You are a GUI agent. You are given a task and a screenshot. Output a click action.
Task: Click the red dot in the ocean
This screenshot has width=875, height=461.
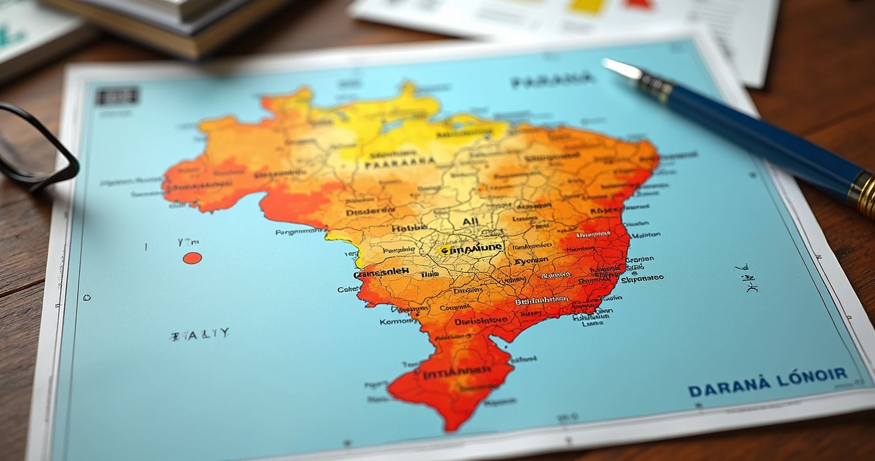[192, 258]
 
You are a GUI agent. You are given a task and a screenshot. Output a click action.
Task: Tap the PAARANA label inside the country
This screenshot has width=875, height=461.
[400, 164]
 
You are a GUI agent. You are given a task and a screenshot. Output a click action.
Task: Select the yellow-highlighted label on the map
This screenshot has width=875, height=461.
[472, 249]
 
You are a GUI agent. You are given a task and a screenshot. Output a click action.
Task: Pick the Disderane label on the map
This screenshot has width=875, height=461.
[370, 211]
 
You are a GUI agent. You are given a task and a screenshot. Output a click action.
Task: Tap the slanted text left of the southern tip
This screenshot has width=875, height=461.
[200, 334]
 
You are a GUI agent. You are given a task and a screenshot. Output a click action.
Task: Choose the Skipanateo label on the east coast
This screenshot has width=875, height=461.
[642, 278]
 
